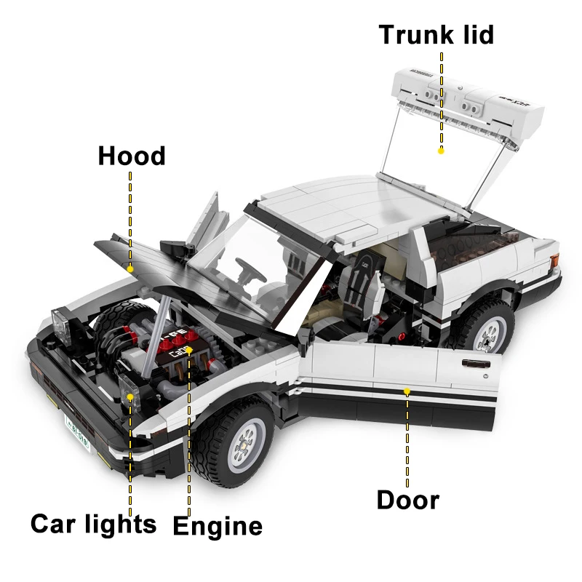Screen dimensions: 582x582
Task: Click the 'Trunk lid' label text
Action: tap(436, 35)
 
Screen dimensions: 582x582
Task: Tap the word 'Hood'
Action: tap(132, 156)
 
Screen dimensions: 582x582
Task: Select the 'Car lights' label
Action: tap(93, 524)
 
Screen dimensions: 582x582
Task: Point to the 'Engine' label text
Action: tap(218, 526)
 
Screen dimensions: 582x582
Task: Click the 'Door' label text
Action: tap(407, 501)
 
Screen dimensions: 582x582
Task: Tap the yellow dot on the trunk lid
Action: tap(441, 151)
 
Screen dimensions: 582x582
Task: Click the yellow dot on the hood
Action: tap(130, 268)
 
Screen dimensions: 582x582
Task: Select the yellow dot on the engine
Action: tap(189, 349)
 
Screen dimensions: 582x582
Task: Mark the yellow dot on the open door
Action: tap(407, 391)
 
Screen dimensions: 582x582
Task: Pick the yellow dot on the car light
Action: tap(130, 396)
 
